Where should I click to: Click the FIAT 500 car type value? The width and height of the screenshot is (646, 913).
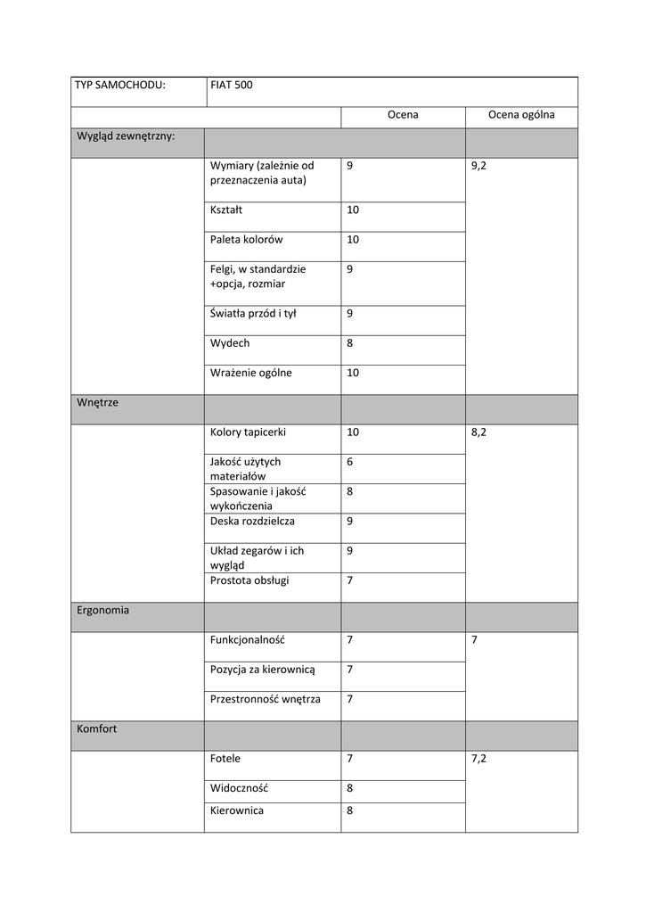(x=232, y=86)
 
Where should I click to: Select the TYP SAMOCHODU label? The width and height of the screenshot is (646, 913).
(x=121, y=86)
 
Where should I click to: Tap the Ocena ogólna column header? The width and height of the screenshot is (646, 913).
(x=521, y=115)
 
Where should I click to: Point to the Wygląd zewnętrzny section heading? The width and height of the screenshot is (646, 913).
(x=126, y=136)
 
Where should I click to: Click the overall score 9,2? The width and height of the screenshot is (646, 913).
(x=479, y=166)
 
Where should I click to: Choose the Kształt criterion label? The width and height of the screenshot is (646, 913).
(x=226, y=210)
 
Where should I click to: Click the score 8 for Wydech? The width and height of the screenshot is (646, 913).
(x=350, y=343)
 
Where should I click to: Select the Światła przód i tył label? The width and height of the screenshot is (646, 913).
(x=253, y=314)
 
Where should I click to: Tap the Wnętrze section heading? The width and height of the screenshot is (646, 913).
(x=98, y=403)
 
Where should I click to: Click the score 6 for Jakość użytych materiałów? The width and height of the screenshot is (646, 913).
(x=350, y=462)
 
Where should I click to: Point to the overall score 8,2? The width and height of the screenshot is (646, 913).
(x=479, y=432)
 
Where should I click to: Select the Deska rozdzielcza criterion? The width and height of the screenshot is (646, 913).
(x=252, y=521)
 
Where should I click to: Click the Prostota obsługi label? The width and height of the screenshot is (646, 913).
(x=249, y=580)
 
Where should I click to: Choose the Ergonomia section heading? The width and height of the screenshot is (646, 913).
(x=103, y=611)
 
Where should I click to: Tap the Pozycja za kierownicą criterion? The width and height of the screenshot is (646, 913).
(x=263, y=670)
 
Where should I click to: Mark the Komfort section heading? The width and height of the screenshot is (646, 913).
(x=97, y=729)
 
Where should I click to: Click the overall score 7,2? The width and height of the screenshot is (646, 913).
(x=479, y=759)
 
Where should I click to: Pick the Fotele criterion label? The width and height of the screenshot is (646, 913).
(x=225, y=759)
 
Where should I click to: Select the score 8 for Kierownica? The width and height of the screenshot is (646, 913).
(x=350, y=811)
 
